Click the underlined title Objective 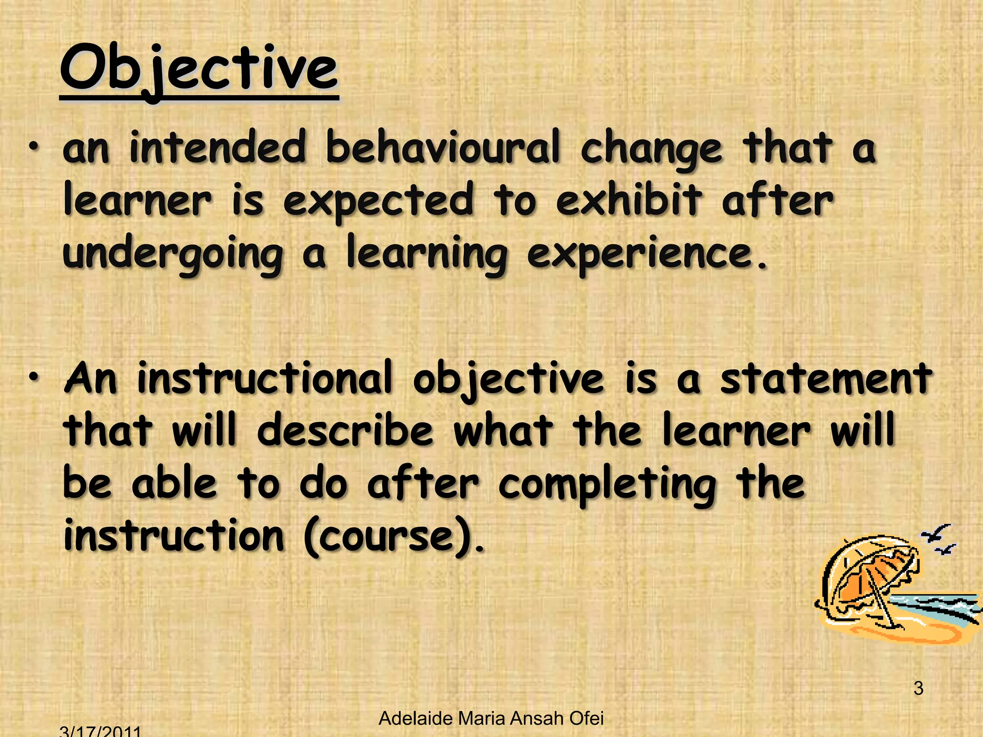tap(199, 70)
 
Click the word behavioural tap(443, 148)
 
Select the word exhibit tap(629, 200)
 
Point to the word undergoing tap(173, 255)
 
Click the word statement tap(826, 379)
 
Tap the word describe tap(346, 430)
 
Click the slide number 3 tap(918, 689)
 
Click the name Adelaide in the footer tap(415, 718)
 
